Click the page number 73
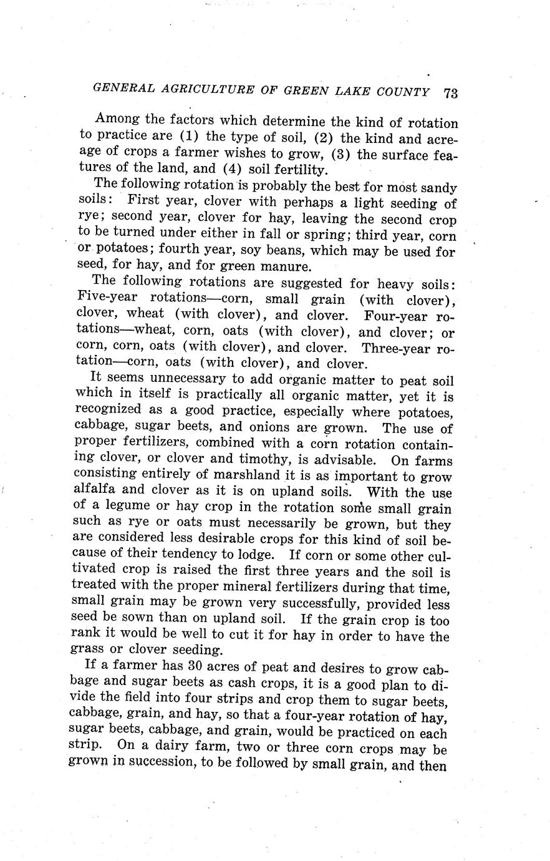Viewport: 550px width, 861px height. [451, 93]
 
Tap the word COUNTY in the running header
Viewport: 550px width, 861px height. [403, 92]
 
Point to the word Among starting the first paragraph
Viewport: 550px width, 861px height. [117, 119]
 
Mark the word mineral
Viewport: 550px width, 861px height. [240, 588]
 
